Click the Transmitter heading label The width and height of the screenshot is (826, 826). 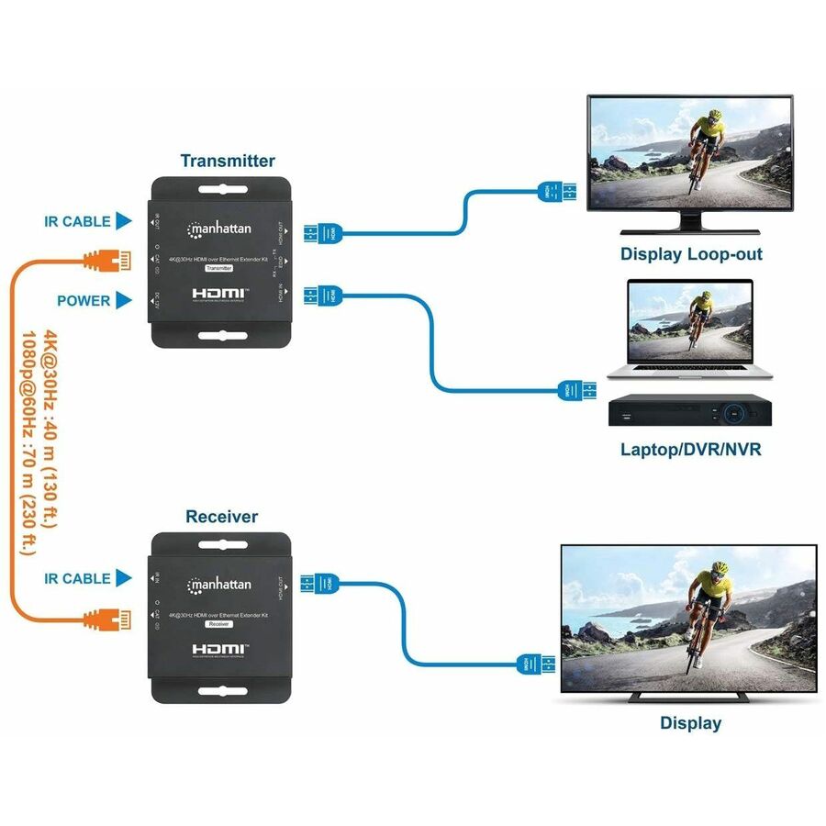228,162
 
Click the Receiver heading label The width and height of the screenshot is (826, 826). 221,517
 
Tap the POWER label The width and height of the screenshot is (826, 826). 84,300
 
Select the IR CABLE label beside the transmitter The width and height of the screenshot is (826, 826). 77,221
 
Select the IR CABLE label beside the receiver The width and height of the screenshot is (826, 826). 77,578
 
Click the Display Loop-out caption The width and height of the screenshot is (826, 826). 691,254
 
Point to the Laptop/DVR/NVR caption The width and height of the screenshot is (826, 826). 690,450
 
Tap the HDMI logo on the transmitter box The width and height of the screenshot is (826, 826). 221,294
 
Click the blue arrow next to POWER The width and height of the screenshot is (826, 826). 125,300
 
